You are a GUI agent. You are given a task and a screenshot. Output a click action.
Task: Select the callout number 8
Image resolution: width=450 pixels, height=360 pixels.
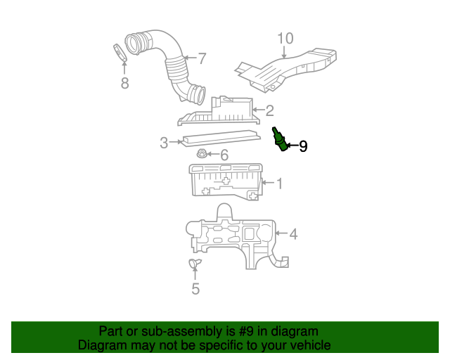[124, 84]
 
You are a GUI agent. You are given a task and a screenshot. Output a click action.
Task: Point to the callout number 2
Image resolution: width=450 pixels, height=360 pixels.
[269, 110]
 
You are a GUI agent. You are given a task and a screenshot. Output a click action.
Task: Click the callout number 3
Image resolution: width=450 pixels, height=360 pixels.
[163, 143]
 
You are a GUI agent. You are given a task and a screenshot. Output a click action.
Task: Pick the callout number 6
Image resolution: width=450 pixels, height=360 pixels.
[224, 155]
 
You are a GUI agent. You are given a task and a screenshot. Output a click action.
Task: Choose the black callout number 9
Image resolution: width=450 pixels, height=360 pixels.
[303, 146]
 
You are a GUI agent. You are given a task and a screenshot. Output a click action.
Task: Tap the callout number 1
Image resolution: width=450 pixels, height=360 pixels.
[278, 184]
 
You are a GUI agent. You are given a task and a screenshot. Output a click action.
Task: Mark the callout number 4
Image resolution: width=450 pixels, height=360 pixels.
[293, 234]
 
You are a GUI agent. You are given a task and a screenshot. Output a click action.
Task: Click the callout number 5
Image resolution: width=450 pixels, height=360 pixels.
[195, 288]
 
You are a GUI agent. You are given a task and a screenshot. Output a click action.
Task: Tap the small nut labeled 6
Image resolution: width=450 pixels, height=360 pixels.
[202, 154]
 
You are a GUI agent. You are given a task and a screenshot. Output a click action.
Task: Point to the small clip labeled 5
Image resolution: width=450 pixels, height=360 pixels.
[195, 263]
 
